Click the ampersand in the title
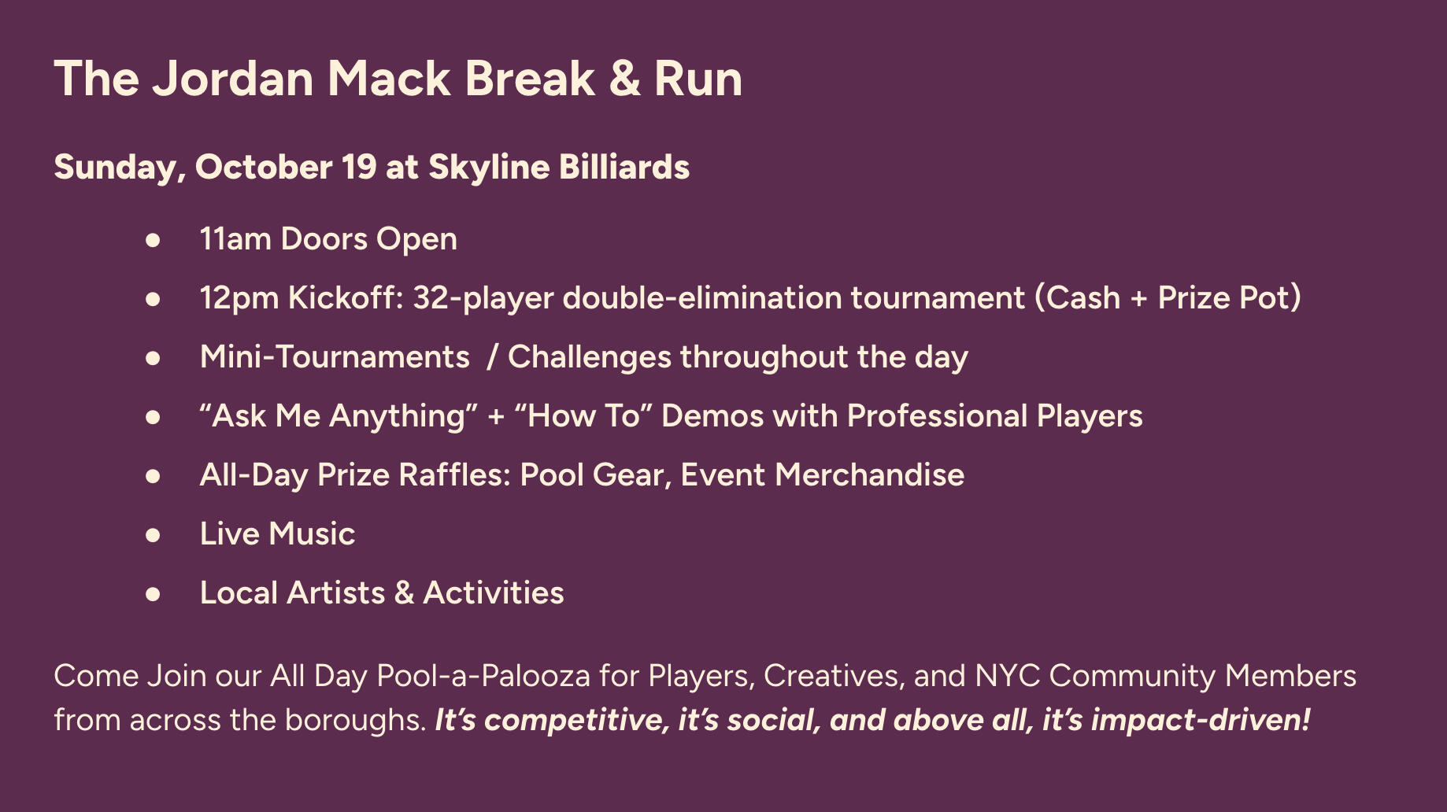pos(625,79)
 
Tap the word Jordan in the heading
pos(234,79)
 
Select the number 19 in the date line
pos(360,168)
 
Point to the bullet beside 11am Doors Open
pos(153,240)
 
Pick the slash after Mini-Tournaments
pos(492,357)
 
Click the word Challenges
pos(590,357)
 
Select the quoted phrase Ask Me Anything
pos(339,416)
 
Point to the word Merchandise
pos(869,475)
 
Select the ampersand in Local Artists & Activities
pos(404,593)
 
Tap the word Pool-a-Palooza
pos(483,676)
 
